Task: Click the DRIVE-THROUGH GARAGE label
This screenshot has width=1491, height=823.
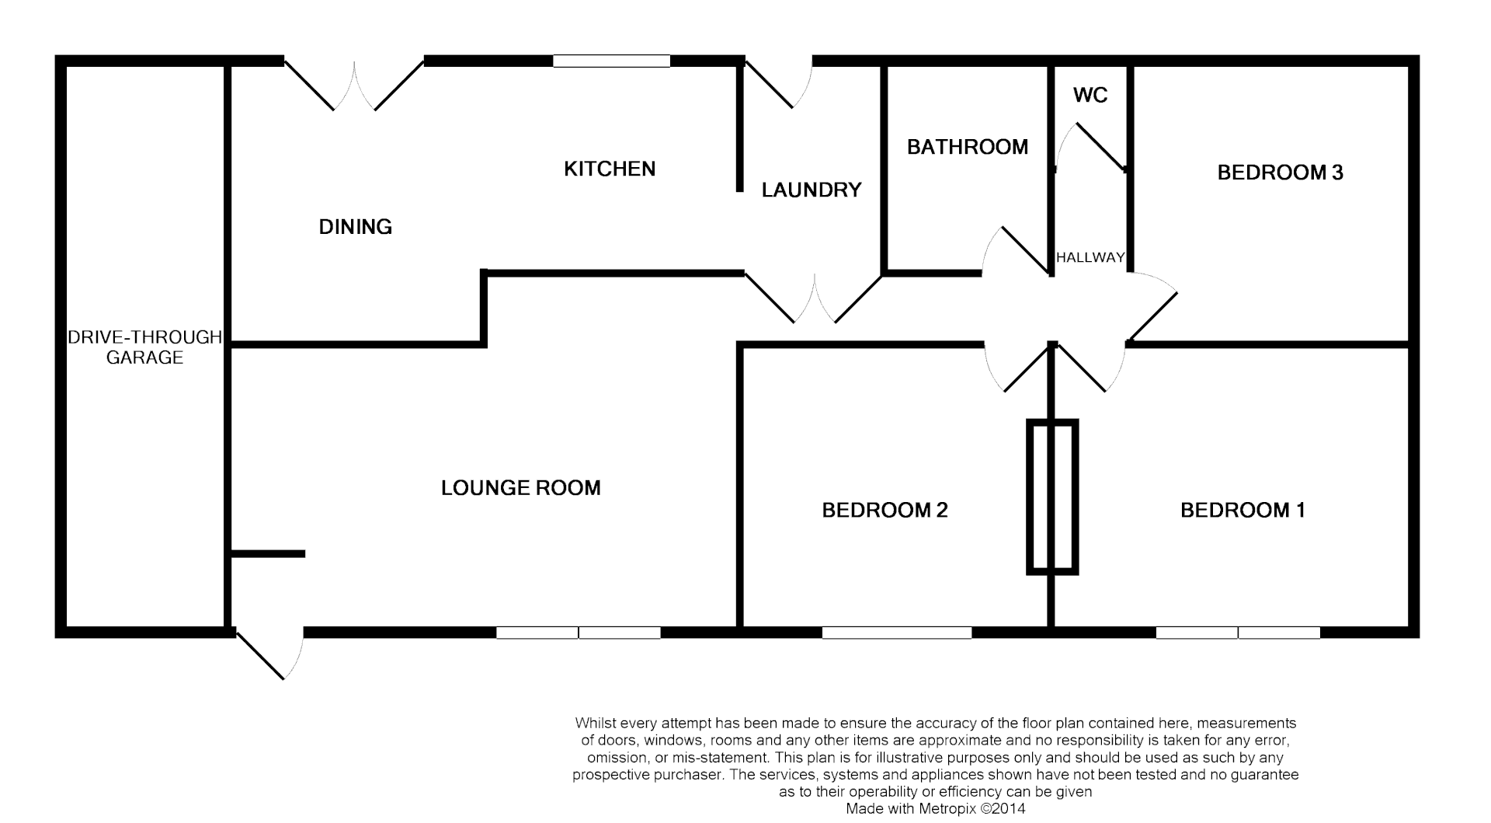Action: [x=144, y=347]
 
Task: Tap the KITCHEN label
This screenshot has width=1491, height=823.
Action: [x=609, y=169]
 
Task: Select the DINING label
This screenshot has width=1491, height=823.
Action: [x=355, y=227]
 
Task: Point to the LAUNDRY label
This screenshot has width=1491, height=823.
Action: [x=811, y=190]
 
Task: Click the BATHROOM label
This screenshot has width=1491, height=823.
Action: [x=967, y=147]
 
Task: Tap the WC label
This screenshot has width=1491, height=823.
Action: [x=1090, y=95]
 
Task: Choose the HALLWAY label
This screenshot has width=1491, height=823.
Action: [x=1090, y=257]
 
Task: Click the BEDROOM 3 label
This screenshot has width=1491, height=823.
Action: [x=1280, y=173]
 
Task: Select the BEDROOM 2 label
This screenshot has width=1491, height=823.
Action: [x=885, y=510]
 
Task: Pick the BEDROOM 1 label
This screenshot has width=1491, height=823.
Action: [x=1242, y=510]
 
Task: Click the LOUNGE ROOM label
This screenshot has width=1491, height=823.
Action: [x=520, y=488]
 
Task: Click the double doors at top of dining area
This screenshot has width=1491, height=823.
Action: [x=354, y=84]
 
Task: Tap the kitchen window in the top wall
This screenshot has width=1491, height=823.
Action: [x=611, y=61]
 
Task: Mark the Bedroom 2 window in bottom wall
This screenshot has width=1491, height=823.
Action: [x=896, y=633]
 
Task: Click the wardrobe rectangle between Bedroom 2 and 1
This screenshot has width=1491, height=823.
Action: [x=1052, y=497]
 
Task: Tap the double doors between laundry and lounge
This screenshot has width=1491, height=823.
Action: [x=814, y=298]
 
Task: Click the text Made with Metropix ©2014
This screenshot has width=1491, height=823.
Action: [x=935, y=809]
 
